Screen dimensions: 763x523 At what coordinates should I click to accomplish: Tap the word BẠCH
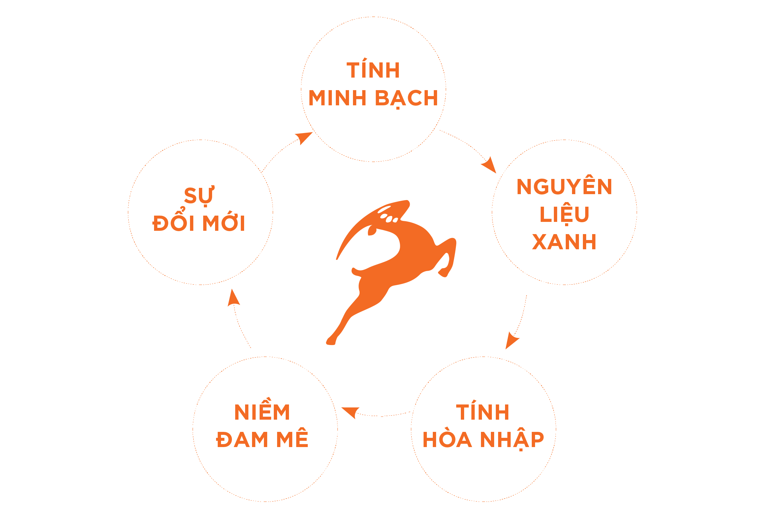407,99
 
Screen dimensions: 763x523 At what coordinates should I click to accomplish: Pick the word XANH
564,242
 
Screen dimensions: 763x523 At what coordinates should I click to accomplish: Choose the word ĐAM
242,439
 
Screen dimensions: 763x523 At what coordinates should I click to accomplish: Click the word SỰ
199,196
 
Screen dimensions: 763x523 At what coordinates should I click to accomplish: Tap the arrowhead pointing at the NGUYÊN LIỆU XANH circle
490,165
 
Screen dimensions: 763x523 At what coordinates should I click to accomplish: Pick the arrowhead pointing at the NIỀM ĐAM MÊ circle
350,412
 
